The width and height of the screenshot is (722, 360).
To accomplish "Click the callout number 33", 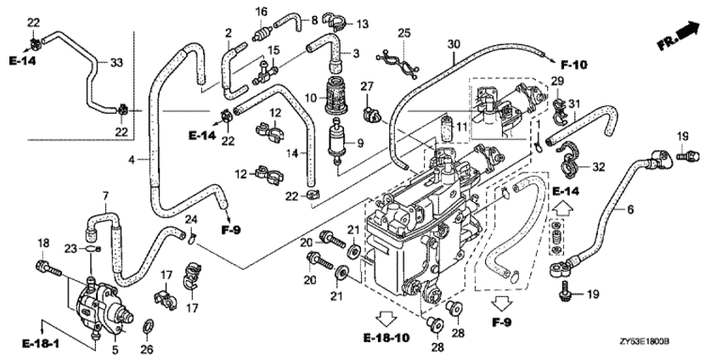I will tap(117, 62).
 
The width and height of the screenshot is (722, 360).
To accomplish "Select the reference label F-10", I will tap(574, 62).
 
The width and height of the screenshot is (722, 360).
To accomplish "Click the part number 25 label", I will tap(403, 33).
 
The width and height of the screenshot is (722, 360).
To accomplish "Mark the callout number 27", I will tap(367, 87).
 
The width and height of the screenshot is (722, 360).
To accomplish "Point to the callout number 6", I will tap(629, 208).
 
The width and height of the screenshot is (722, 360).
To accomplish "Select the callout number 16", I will tap(262, 11).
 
